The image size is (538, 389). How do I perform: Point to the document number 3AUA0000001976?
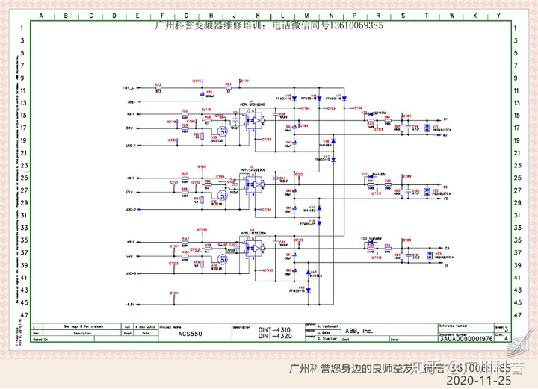tap(466, 338)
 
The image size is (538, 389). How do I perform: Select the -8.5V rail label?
tap(130, 305)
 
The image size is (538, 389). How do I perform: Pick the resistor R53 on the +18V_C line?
tap(158, 89)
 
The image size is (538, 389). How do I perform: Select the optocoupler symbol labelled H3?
tap(255, 248)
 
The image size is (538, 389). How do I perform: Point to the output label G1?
tap(445, 119)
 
